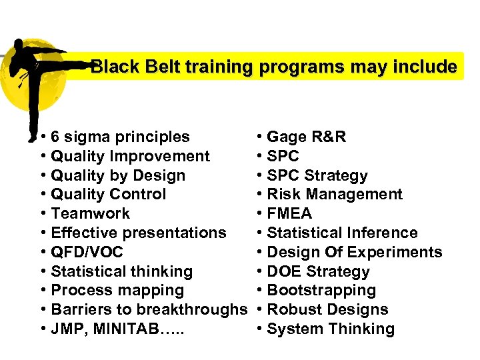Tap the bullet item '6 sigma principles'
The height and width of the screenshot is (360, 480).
pos(120,137)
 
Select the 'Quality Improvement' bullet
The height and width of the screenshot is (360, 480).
pos(130,157)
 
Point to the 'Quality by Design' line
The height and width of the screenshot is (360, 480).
pos(118,176)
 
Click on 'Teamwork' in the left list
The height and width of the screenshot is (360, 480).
pos(90,214)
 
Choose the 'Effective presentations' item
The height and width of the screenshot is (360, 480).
pos(138,233)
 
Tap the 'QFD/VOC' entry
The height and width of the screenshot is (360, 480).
pos(87,253)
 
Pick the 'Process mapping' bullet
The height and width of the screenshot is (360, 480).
pos(117,291)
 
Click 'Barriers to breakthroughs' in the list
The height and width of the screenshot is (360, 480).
pos(149,310)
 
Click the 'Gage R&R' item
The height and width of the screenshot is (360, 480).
pos(306,137)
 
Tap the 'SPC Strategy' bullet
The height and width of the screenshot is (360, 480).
pos(317,176)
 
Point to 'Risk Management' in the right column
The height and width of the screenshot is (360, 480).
pos(334,195)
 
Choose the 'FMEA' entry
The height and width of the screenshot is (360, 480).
pos(289,214)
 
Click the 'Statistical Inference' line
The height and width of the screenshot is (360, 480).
pos(342,233)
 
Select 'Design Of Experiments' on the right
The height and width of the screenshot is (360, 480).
pos(354,253)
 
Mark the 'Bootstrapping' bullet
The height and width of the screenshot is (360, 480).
pos(321,291)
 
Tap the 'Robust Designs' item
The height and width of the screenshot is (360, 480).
pos(327,310)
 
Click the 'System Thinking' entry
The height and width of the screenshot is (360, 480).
pos(330,329)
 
